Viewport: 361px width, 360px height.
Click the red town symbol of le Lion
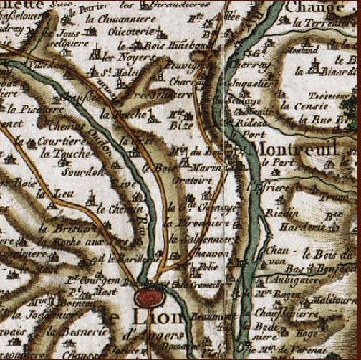pyautogui.click(x=151, y=296)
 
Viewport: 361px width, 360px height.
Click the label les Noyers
pyautogui.click(x=118, y=55)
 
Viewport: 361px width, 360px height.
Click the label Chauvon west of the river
pyautogui.click(x=203, y=252)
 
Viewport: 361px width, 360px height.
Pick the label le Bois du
pyautogui.click(x=322, y=253)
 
